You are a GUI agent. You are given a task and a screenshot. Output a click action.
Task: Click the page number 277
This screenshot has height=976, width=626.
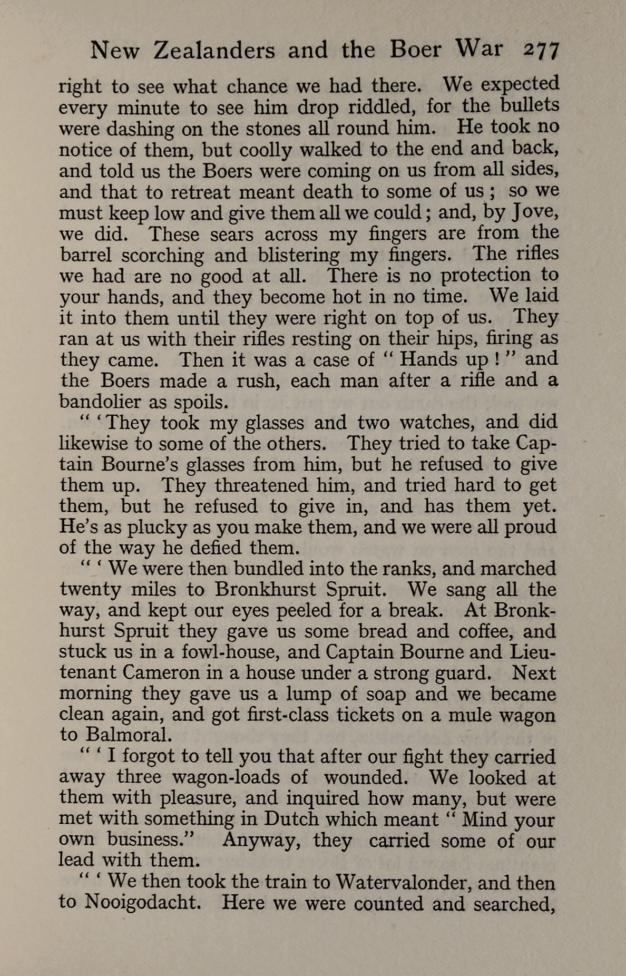541,51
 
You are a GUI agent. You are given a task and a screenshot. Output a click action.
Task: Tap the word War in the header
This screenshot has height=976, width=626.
478,48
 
